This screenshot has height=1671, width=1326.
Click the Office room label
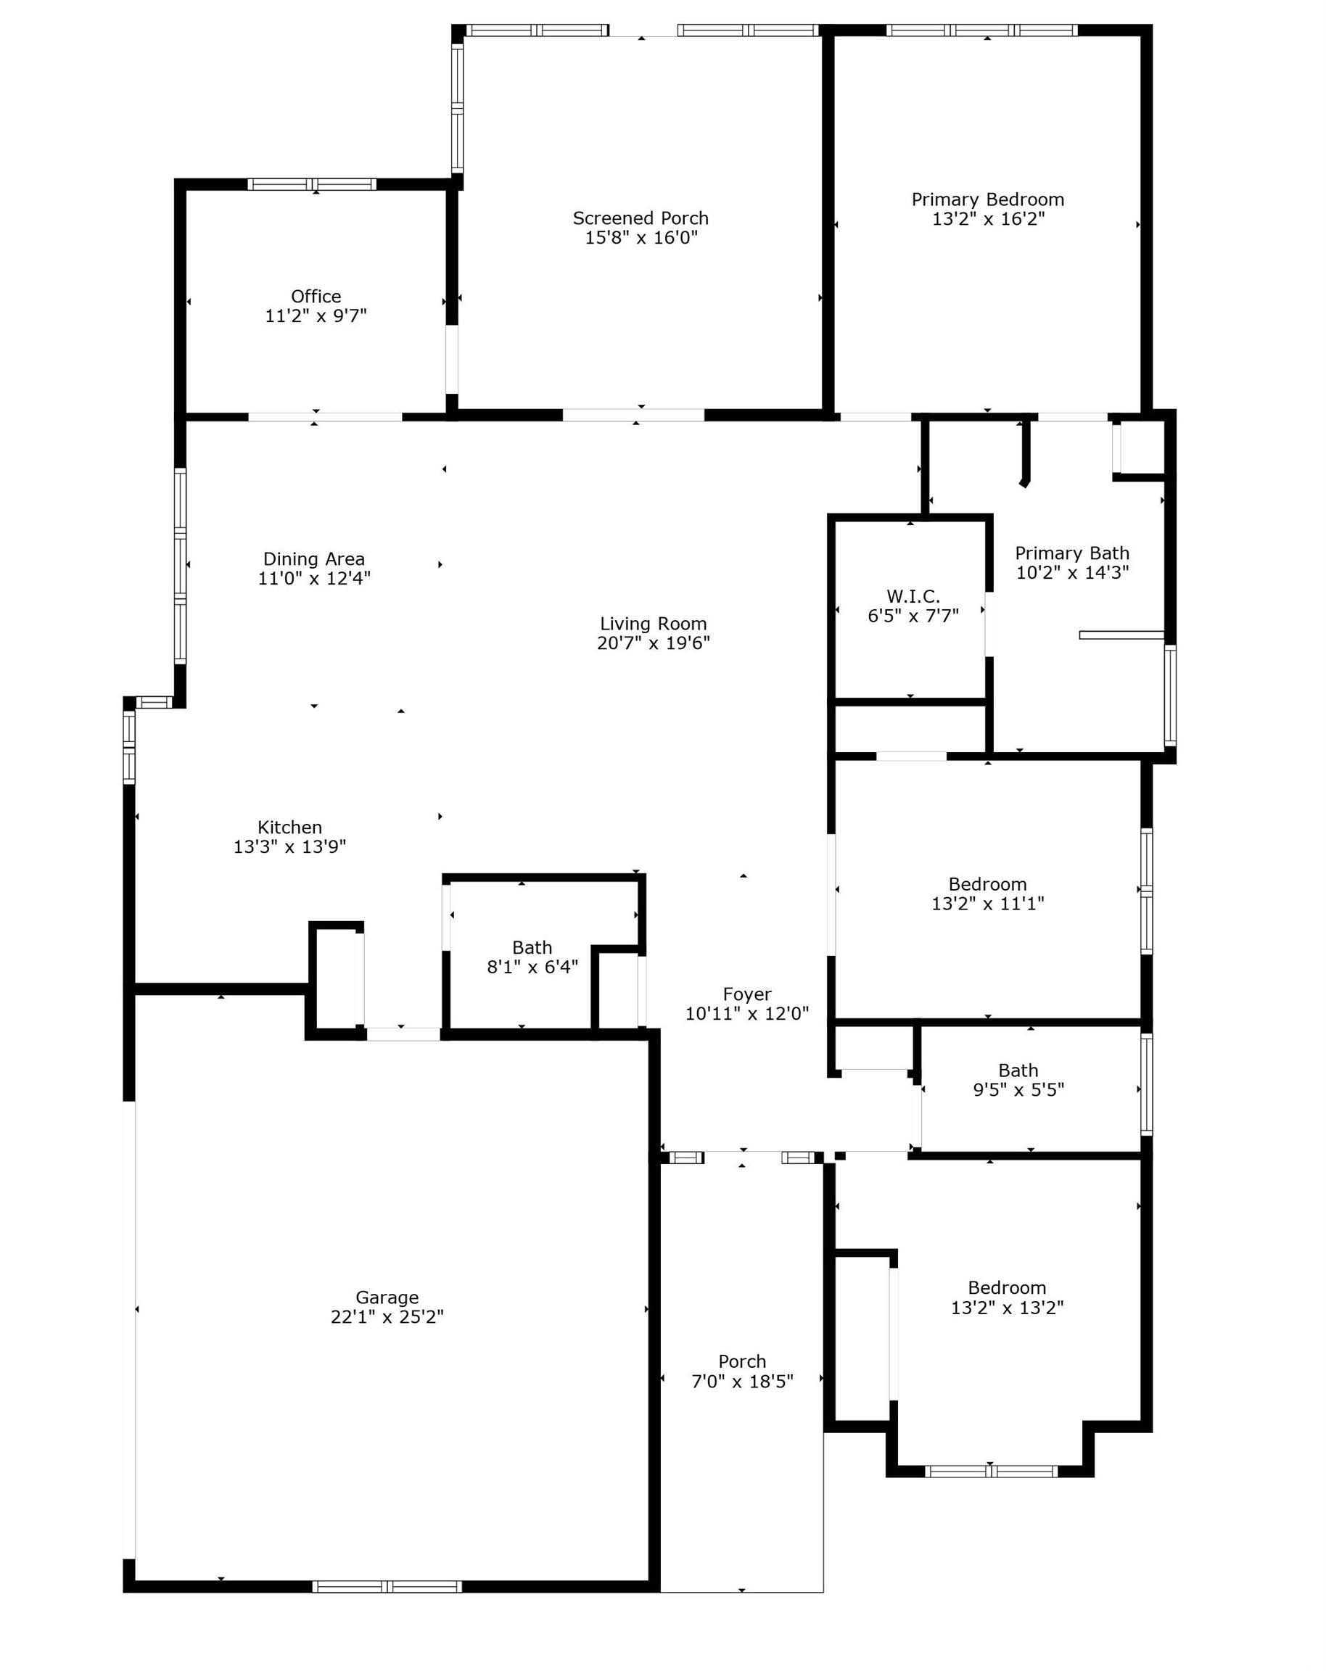316,296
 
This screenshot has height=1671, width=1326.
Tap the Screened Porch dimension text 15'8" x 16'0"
641,238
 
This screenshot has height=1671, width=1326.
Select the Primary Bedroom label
987,200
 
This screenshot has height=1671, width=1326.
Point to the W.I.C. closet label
913,596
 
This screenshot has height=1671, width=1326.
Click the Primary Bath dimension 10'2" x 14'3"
1072,573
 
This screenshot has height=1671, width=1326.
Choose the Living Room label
654,624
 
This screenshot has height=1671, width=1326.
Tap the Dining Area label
314,558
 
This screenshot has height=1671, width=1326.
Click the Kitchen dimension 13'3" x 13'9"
290,846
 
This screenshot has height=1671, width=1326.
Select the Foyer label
747,994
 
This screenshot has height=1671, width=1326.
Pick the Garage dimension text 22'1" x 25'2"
387,1316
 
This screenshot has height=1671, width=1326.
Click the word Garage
387,1297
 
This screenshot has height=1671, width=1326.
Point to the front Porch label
741,1361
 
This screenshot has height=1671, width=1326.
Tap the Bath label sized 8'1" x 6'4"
532,947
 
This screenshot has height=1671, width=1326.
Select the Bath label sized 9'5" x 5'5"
1018,1070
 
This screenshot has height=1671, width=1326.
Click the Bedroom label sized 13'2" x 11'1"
987,884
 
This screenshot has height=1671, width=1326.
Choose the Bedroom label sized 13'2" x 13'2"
1007,1287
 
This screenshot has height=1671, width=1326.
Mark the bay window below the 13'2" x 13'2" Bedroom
991,1471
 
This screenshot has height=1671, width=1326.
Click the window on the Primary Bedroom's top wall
982,30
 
